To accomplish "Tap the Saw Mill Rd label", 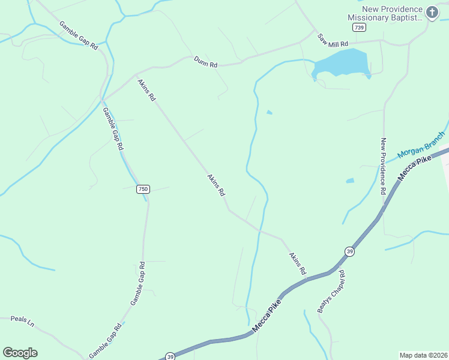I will click(333, 40).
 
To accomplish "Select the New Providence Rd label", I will click(382, 166).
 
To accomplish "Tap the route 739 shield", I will click(358, 28).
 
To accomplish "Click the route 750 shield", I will click(142, 189).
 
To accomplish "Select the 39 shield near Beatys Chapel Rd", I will click(349, 251).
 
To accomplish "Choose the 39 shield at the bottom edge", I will click(169, 356).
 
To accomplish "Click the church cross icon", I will click(432, 12).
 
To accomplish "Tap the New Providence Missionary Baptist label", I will click(385, 13).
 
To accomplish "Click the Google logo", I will click(20, 352).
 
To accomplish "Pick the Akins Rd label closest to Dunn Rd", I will click(146, 89).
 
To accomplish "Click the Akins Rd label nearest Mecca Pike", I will click(297, 264).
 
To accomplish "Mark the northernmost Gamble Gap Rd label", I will click(78, 35).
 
